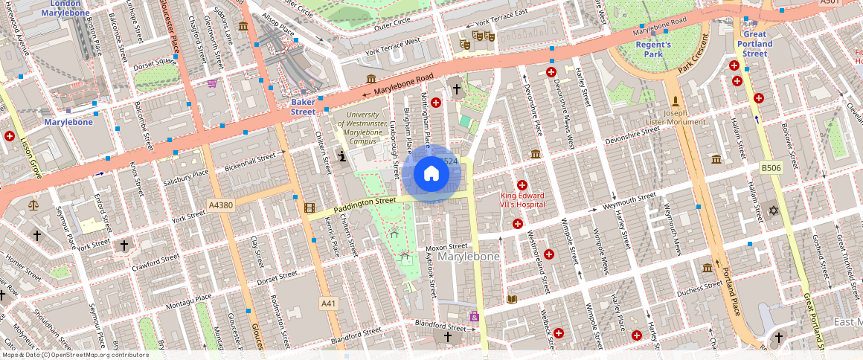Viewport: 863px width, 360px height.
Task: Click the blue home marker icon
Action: [x=431, y=174]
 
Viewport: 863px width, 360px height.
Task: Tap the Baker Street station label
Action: [x=303, y=106]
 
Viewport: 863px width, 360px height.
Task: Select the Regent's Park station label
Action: [x=653, y=49]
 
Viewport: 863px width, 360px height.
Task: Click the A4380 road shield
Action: [x=222, y=205]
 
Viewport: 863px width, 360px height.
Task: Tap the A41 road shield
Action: [x=329, y=303]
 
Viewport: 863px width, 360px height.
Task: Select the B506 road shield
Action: [x=771, y=169]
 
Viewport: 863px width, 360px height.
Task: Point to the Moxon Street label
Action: [x=446, y=246]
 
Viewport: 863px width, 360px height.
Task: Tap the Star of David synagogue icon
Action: [x=773, y=211]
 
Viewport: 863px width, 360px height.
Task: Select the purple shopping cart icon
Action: [x=212, y=83]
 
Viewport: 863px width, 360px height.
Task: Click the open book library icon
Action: [x=511, y=299]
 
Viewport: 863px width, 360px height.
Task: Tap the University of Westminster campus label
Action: [x=362, y=127]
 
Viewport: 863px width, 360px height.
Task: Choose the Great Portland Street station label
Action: [x=754, y=44]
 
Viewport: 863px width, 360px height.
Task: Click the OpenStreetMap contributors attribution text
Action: [x=76, y=355]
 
